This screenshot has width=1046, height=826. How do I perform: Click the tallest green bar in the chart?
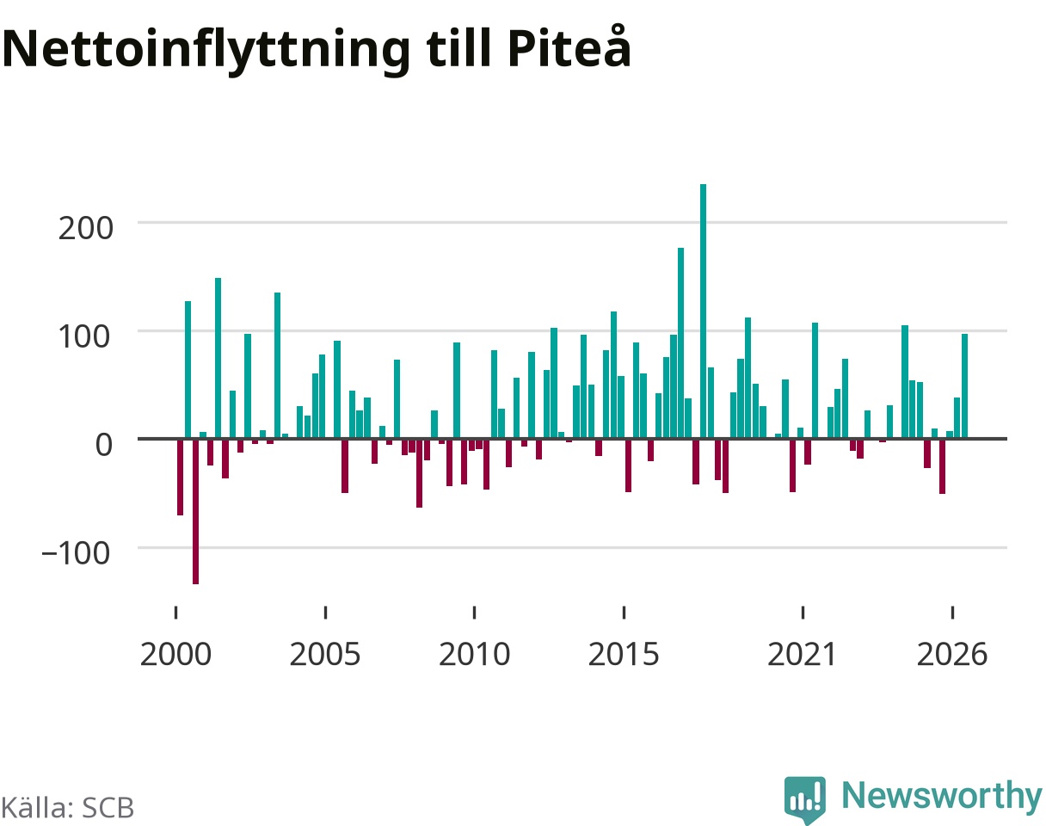pyautogui.click(x=703, y=311)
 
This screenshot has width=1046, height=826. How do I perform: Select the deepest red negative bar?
pyautogui.click(x=195, y=511)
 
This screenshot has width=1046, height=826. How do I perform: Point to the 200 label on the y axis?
pyautogui.click(x=85, y=228)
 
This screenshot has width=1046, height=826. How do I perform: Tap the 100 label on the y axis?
pyautogui.click(x=85, y=336)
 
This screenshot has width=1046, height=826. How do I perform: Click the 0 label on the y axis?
pyautogui.click(x=103, y=445)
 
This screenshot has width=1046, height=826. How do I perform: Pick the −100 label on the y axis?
pyautogui.click(x=77, y=553)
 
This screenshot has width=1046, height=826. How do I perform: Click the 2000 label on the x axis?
pyautogui.click(x=175, y=655)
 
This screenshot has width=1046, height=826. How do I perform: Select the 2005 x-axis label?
pyautogui.click(x=325, y=655)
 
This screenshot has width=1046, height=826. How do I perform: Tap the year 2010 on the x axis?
pyautogui.click(x=474, y=655)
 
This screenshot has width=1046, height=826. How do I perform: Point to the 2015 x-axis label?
pyautogui.click(x=624, y=655)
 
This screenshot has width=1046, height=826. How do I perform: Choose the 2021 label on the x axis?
pyautogui.click(x=803, y=655)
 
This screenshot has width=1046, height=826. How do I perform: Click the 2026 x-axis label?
pyautogui.click(x=952, y=655)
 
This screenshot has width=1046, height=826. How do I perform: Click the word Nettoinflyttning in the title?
pyautogui.click(x=206, y=51)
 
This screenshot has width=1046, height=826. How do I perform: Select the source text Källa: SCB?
pyautogui.click(x=67, y=808)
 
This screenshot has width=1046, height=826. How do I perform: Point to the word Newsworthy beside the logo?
pyautogui.click(x=942, y=796)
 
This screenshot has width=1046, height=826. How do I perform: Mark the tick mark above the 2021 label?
pyautogui.click(x=803, y=612)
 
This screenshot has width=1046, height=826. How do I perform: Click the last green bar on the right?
pyautogui.click(x=964, y=386)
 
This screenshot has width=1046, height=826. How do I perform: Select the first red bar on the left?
pyautogui.click(x=181, y=477)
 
